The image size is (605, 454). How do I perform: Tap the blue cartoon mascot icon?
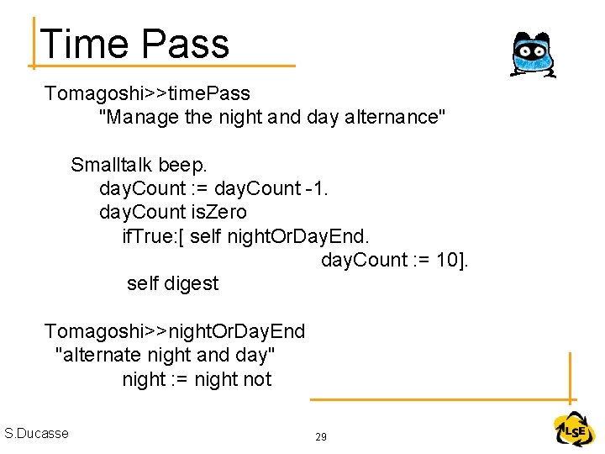coord(532,55)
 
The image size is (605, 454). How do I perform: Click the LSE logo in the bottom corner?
coord(574,430)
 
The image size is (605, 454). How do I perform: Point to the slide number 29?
coord(320,437)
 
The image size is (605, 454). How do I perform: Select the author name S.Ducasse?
coord(36,433)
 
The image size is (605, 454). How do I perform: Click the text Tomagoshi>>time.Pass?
coord(147,92)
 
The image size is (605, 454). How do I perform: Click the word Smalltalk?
coord(111,164)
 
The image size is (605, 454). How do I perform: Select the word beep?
coord(182,165)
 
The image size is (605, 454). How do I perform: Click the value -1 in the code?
coord(317,187)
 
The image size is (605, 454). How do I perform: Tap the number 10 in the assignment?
coord(446,260)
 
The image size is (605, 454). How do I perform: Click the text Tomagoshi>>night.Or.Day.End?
coord(175,331)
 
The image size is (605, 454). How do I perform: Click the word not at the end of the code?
coord(257,379)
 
